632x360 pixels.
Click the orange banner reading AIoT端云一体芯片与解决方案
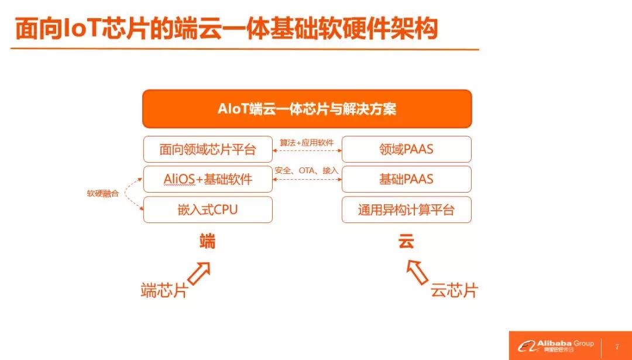307,109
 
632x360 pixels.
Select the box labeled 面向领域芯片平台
208,150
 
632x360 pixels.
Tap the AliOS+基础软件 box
208,179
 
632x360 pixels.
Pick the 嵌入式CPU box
208,210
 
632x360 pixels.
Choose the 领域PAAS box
406,150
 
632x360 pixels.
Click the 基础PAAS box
406,179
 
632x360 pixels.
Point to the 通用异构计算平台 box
406,210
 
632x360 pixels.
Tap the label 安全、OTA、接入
307,170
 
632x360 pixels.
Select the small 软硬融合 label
103,194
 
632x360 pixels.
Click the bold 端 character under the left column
208,241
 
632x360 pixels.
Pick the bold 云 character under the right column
406,241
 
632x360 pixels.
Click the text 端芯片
164,290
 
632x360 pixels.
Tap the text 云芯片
454,290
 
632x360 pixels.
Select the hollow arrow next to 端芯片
199,274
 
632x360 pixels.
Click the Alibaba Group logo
555,345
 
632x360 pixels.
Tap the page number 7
617,347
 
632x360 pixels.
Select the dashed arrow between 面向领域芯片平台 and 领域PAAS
307,150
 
